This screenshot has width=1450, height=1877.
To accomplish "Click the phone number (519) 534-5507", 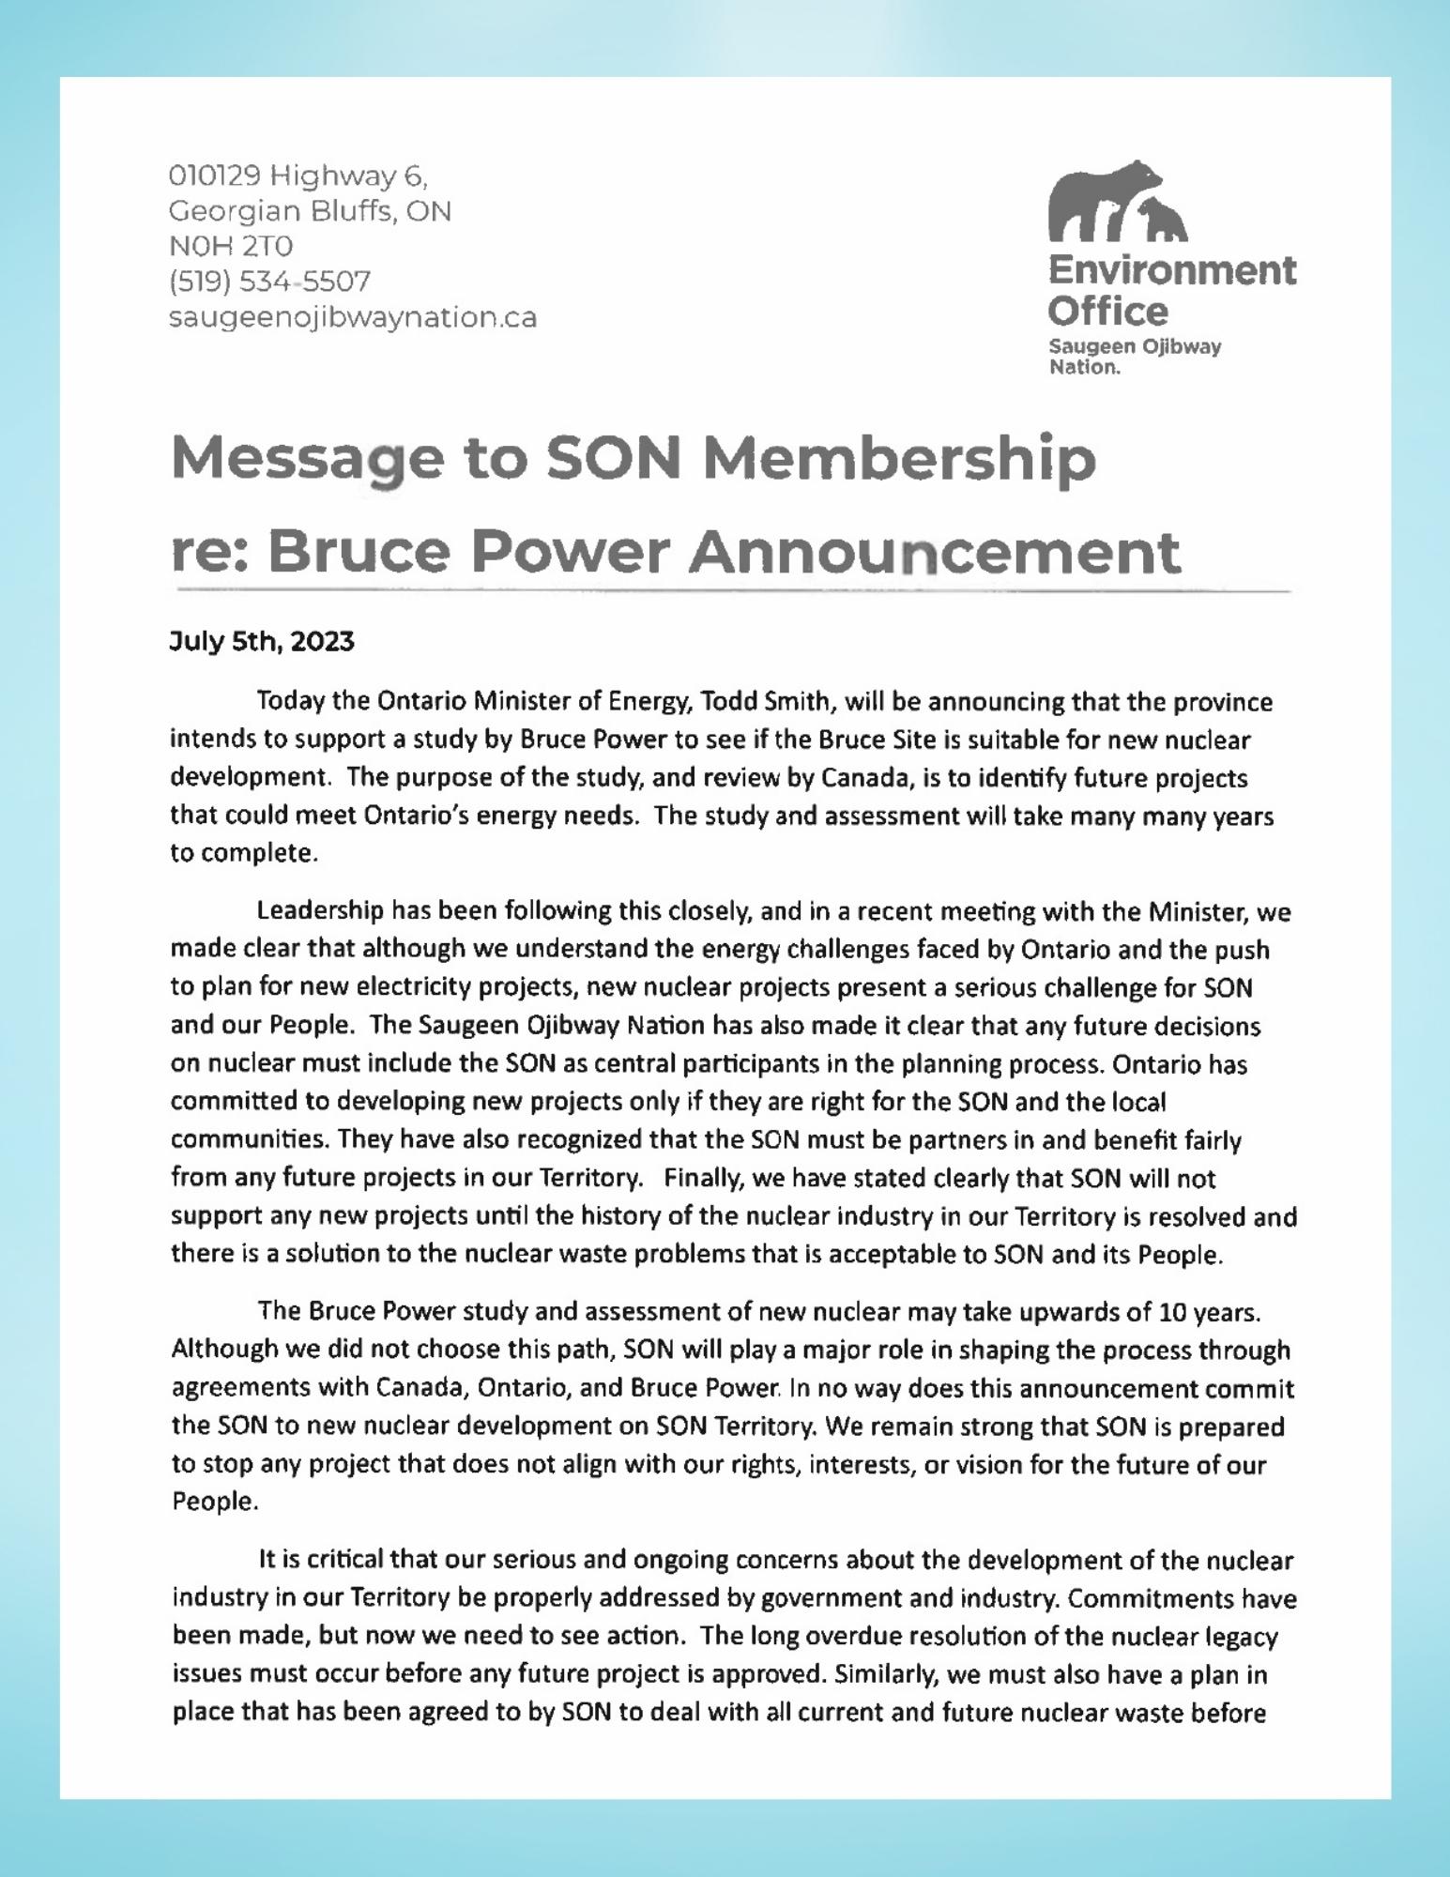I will tap(269, 282).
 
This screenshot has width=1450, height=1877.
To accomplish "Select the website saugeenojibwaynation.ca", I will tap(353, 317).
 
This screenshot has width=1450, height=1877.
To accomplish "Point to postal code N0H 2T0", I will tap(231, 246).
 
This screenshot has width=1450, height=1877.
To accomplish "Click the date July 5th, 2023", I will tap(262, 642).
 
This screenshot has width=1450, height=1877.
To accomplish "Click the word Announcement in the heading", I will tap(934, 552).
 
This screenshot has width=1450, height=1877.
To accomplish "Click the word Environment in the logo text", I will tap(1171, 270).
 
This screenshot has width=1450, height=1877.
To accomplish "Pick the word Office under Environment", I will tap(1107, 311).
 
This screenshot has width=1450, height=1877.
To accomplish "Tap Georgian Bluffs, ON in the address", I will tap(310, 211).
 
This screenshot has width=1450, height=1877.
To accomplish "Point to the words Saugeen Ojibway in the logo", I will tap(1135, 347).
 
